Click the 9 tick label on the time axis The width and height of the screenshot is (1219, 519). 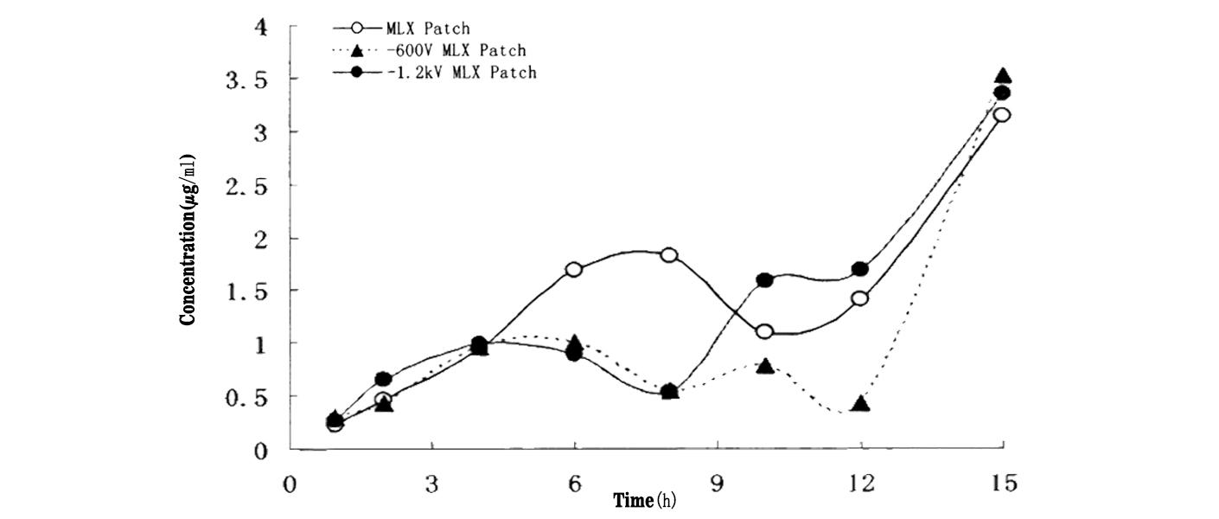pos(718,484)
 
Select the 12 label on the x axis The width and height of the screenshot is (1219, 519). pos(859,484)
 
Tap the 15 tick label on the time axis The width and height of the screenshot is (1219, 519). pos(1002,484)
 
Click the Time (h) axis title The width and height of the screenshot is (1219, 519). pos(645,500)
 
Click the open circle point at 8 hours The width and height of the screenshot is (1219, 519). pos(668,255)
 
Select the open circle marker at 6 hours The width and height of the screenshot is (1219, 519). pos(574,269)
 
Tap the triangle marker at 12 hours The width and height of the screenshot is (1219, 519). pos(859,403)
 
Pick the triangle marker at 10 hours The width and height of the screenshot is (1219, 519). pos(764,366)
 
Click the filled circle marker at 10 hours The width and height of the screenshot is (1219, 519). pos(764,280)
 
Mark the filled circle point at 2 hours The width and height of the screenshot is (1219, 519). pos(384,379)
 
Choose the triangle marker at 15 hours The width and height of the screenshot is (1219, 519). pos(1003,76)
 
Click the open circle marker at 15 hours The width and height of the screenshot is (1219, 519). pos(1002,115)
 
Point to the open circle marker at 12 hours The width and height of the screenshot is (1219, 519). pos(859,298)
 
